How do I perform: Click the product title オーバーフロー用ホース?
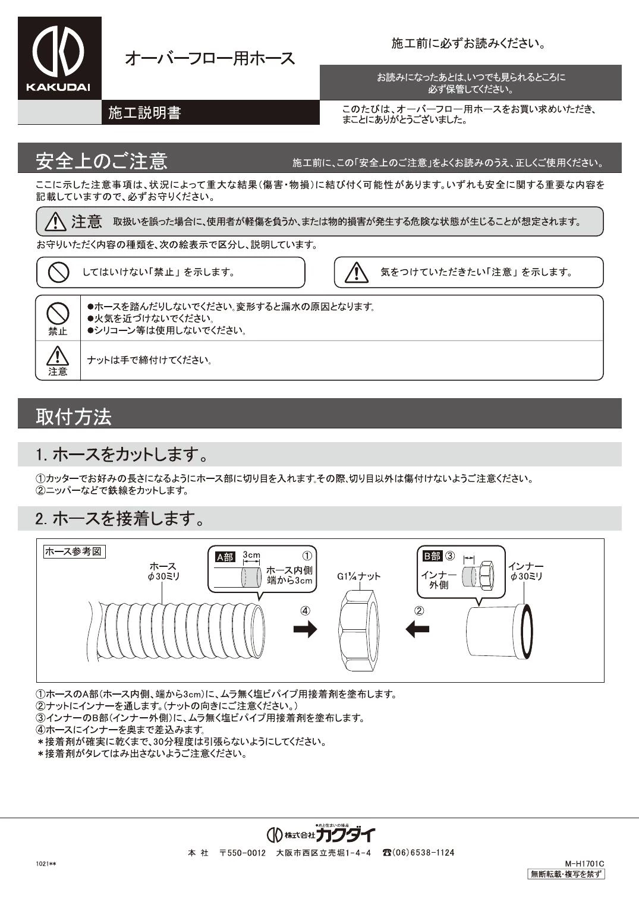209,58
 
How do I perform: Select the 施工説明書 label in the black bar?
144,113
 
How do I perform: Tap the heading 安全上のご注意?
102,161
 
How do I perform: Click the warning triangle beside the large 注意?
55,222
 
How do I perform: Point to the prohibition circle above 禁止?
58,313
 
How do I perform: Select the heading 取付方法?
74,417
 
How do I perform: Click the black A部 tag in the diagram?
225,557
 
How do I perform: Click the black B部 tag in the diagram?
432,556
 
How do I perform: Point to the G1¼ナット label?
358,576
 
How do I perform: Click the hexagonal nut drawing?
359,629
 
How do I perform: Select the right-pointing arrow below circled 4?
305,629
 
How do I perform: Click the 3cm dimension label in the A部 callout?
251,555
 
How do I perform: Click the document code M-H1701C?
584,864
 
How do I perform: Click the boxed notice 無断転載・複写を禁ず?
566,874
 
